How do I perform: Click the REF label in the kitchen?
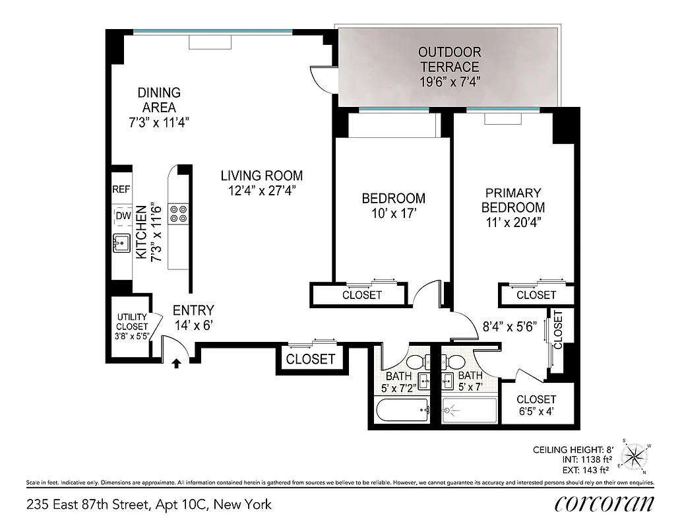pos(121,189)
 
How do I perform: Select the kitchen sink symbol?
pos(121,244)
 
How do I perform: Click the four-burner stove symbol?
pos(178,213)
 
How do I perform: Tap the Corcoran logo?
pos(605,504)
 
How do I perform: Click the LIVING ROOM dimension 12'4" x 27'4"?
pos(261,191)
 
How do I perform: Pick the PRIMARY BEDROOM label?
pos(513,200)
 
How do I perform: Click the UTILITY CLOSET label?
pos(132,321)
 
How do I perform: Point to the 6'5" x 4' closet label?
pos(536,405)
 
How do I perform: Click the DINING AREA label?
pos(158,100)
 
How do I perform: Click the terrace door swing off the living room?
pos(323,80)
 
